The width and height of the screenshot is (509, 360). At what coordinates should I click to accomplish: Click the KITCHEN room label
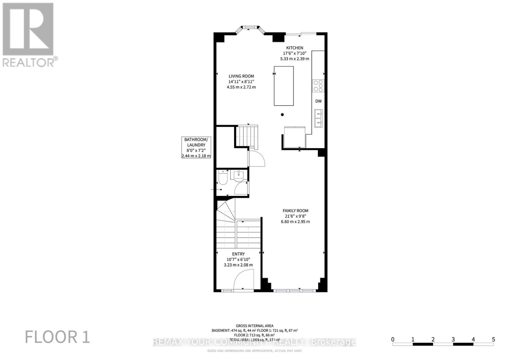click(295, 48)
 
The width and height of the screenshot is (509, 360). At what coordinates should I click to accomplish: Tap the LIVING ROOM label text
click(241, 76)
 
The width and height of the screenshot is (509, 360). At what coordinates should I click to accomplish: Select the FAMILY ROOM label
click(295, 211)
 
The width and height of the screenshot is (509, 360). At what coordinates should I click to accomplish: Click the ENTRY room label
click(238, 254)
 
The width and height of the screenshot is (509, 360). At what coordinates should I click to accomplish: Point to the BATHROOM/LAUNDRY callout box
click(196, 148)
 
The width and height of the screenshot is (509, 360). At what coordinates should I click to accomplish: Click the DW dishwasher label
click(318, 101)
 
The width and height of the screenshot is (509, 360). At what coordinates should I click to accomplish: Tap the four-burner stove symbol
click(318, 86)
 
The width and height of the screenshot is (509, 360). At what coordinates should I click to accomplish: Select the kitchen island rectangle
click(284, 86)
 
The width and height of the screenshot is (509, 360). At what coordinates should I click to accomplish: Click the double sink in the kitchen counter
click(318, 118)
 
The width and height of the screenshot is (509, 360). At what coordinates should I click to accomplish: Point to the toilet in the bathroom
click(223, 178)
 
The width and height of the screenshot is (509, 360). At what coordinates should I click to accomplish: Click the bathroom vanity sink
click(239, 175)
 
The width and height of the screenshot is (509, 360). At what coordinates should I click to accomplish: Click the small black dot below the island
click(282, 114)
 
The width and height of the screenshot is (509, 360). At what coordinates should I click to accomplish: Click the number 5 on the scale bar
click(493, 339)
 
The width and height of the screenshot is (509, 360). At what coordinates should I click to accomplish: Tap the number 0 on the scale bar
click(393, 339)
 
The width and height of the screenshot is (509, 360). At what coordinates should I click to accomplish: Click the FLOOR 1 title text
click(58, 337)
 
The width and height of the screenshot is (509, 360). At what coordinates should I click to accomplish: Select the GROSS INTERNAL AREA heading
click(254, 326)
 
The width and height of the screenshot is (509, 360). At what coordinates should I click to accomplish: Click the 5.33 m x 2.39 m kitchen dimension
click(295, 59)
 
